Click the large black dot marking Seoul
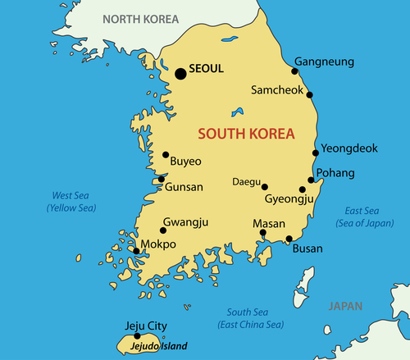click(x=181, y=74)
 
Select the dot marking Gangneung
click(x=296, y=71)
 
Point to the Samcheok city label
click(x=276, y=90)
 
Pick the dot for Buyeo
click(x=166, y=154)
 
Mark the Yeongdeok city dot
click(x=316, y=153)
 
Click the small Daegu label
click(x=246, y=181)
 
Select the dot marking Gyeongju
click(x=303, y=189)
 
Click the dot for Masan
click(x=263, y=232)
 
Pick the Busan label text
click(x=307, y=248)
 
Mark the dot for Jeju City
click(x=137, y=335)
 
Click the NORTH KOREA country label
click(x=141, y=16)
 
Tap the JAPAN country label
click(x=344, y=307)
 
